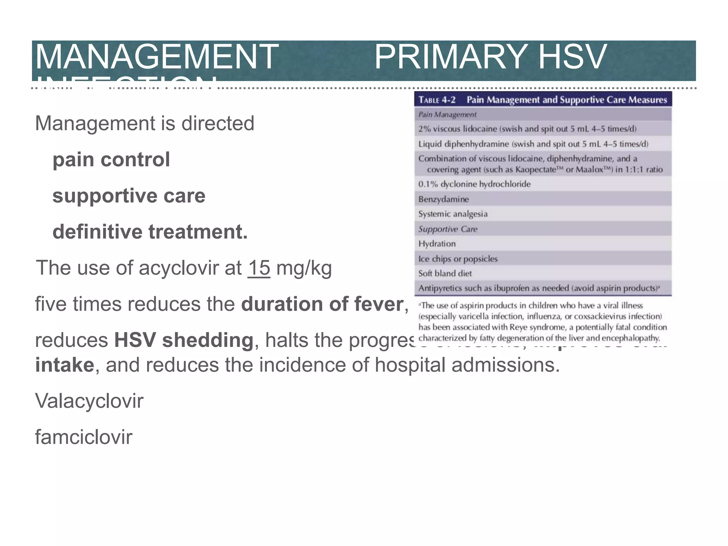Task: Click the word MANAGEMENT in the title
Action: pos(156,57)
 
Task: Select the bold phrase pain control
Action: pos(111,160)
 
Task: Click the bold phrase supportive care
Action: pos(129,196)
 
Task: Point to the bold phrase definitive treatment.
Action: pos(150,232)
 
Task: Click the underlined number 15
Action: pos(259,268)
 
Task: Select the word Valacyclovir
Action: pos(89,401)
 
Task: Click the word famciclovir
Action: pos(84,437)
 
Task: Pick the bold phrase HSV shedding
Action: pos(183,340)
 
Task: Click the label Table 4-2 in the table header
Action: pos(437,100)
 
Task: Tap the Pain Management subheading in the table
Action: pos(447,114)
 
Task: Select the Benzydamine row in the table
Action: pos(443,199)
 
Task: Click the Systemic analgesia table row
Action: pos(453,214)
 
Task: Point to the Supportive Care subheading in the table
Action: pos(448,229)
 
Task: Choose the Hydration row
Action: pos(437,244)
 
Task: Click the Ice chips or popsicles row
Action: pos(458,259)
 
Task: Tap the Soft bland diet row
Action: pos(445,274)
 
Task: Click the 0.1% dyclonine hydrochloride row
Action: pos(474,184)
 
